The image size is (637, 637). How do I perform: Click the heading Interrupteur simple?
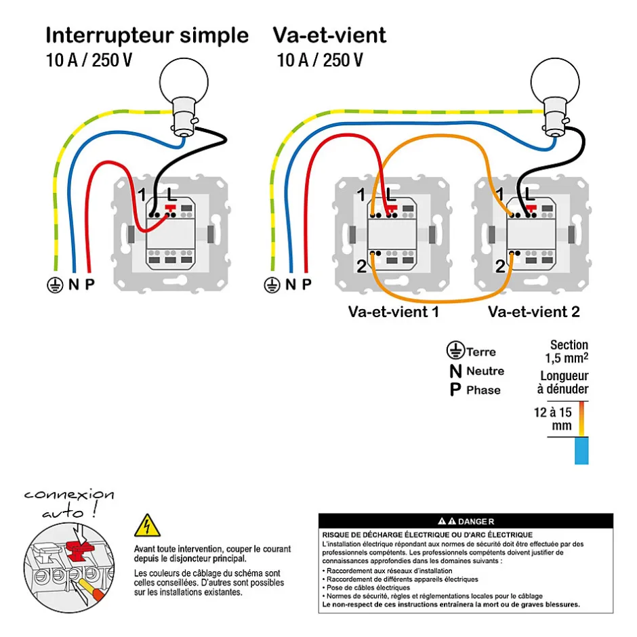point(147,35)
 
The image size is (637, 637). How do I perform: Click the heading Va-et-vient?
point(329,35)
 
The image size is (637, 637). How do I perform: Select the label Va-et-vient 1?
point(394,312)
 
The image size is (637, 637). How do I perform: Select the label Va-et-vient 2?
point(534,312)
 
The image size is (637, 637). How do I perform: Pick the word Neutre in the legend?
point(485,371)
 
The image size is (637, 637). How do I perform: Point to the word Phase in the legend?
point(483,390)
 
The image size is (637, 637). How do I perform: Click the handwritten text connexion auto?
point(68,503)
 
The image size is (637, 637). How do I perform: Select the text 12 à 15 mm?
point(552,419)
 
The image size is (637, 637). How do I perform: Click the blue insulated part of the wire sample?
point(581,451)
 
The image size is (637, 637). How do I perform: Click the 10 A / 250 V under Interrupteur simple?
point(89,60)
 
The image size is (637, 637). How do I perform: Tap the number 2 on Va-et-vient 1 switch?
point(361,266)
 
